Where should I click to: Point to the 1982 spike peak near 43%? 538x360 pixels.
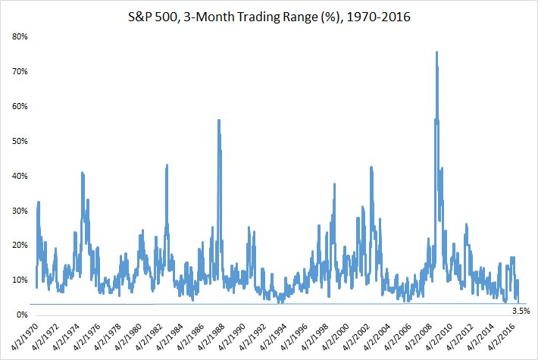[x=167, y=165]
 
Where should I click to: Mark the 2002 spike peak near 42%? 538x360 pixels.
[x=371, y=167]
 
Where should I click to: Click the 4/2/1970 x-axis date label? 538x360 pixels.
[x=24, y=337]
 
